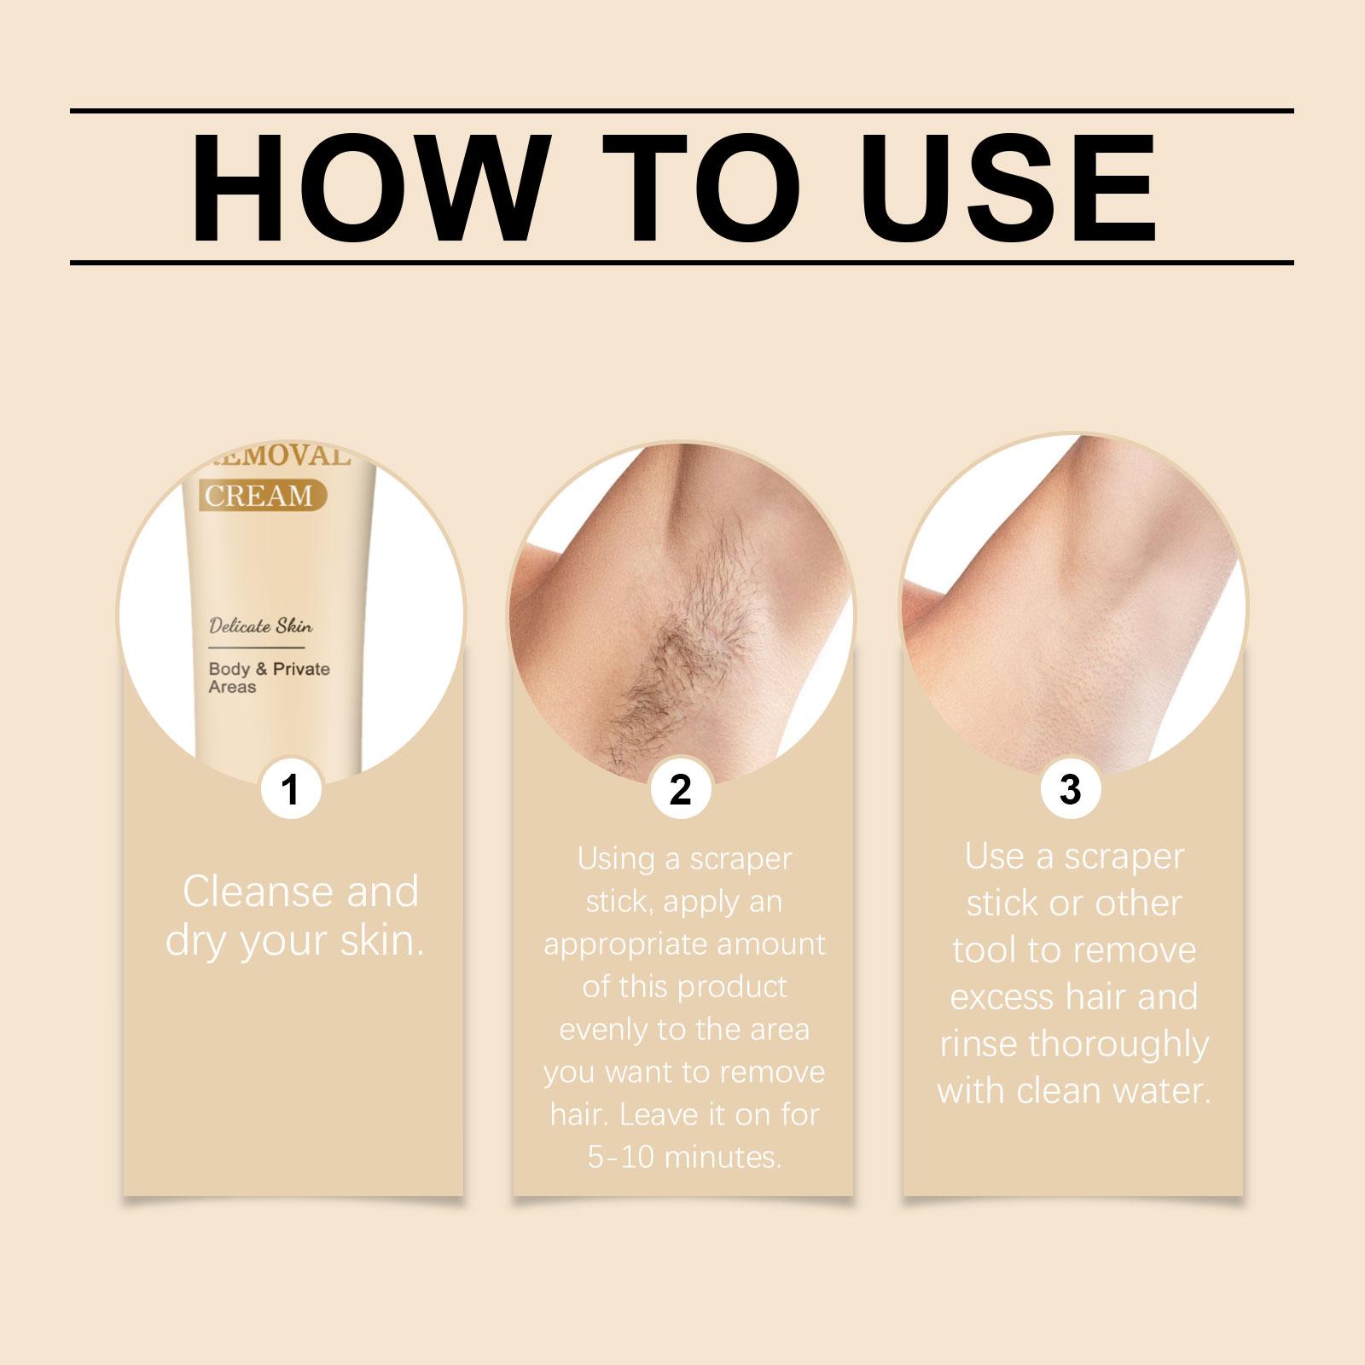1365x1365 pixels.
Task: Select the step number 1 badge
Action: pyautogui.click(x=291, y=789)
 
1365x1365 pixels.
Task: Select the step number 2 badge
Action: pyautogui.click(x=681, y=789)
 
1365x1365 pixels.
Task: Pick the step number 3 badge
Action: pyautogui.click(x=1070, y=789)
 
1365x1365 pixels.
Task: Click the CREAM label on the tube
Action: pyautogui.click(x=258, y=495)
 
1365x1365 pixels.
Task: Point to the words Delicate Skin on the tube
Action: pyautogui.click(x=261, y=626)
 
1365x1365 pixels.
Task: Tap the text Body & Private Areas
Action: pyautogui.click(x=269, y=677)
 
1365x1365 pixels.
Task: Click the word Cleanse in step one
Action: pyautogui.click(x=257, y=892)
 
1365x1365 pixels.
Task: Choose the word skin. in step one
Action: pyautogui.click(x=383, y=940)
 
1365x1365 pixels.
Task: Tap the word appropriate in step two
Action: pyautogui.click(x=626, y=945)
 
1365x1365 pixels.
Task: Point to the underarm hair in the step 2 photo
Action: pyautogui.click(x=674, y=665)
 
